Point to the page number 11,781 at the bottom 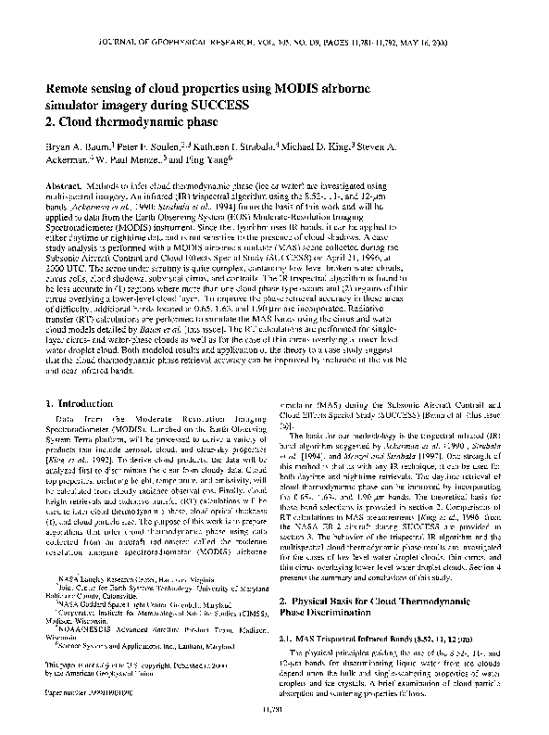pos(274,711)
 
